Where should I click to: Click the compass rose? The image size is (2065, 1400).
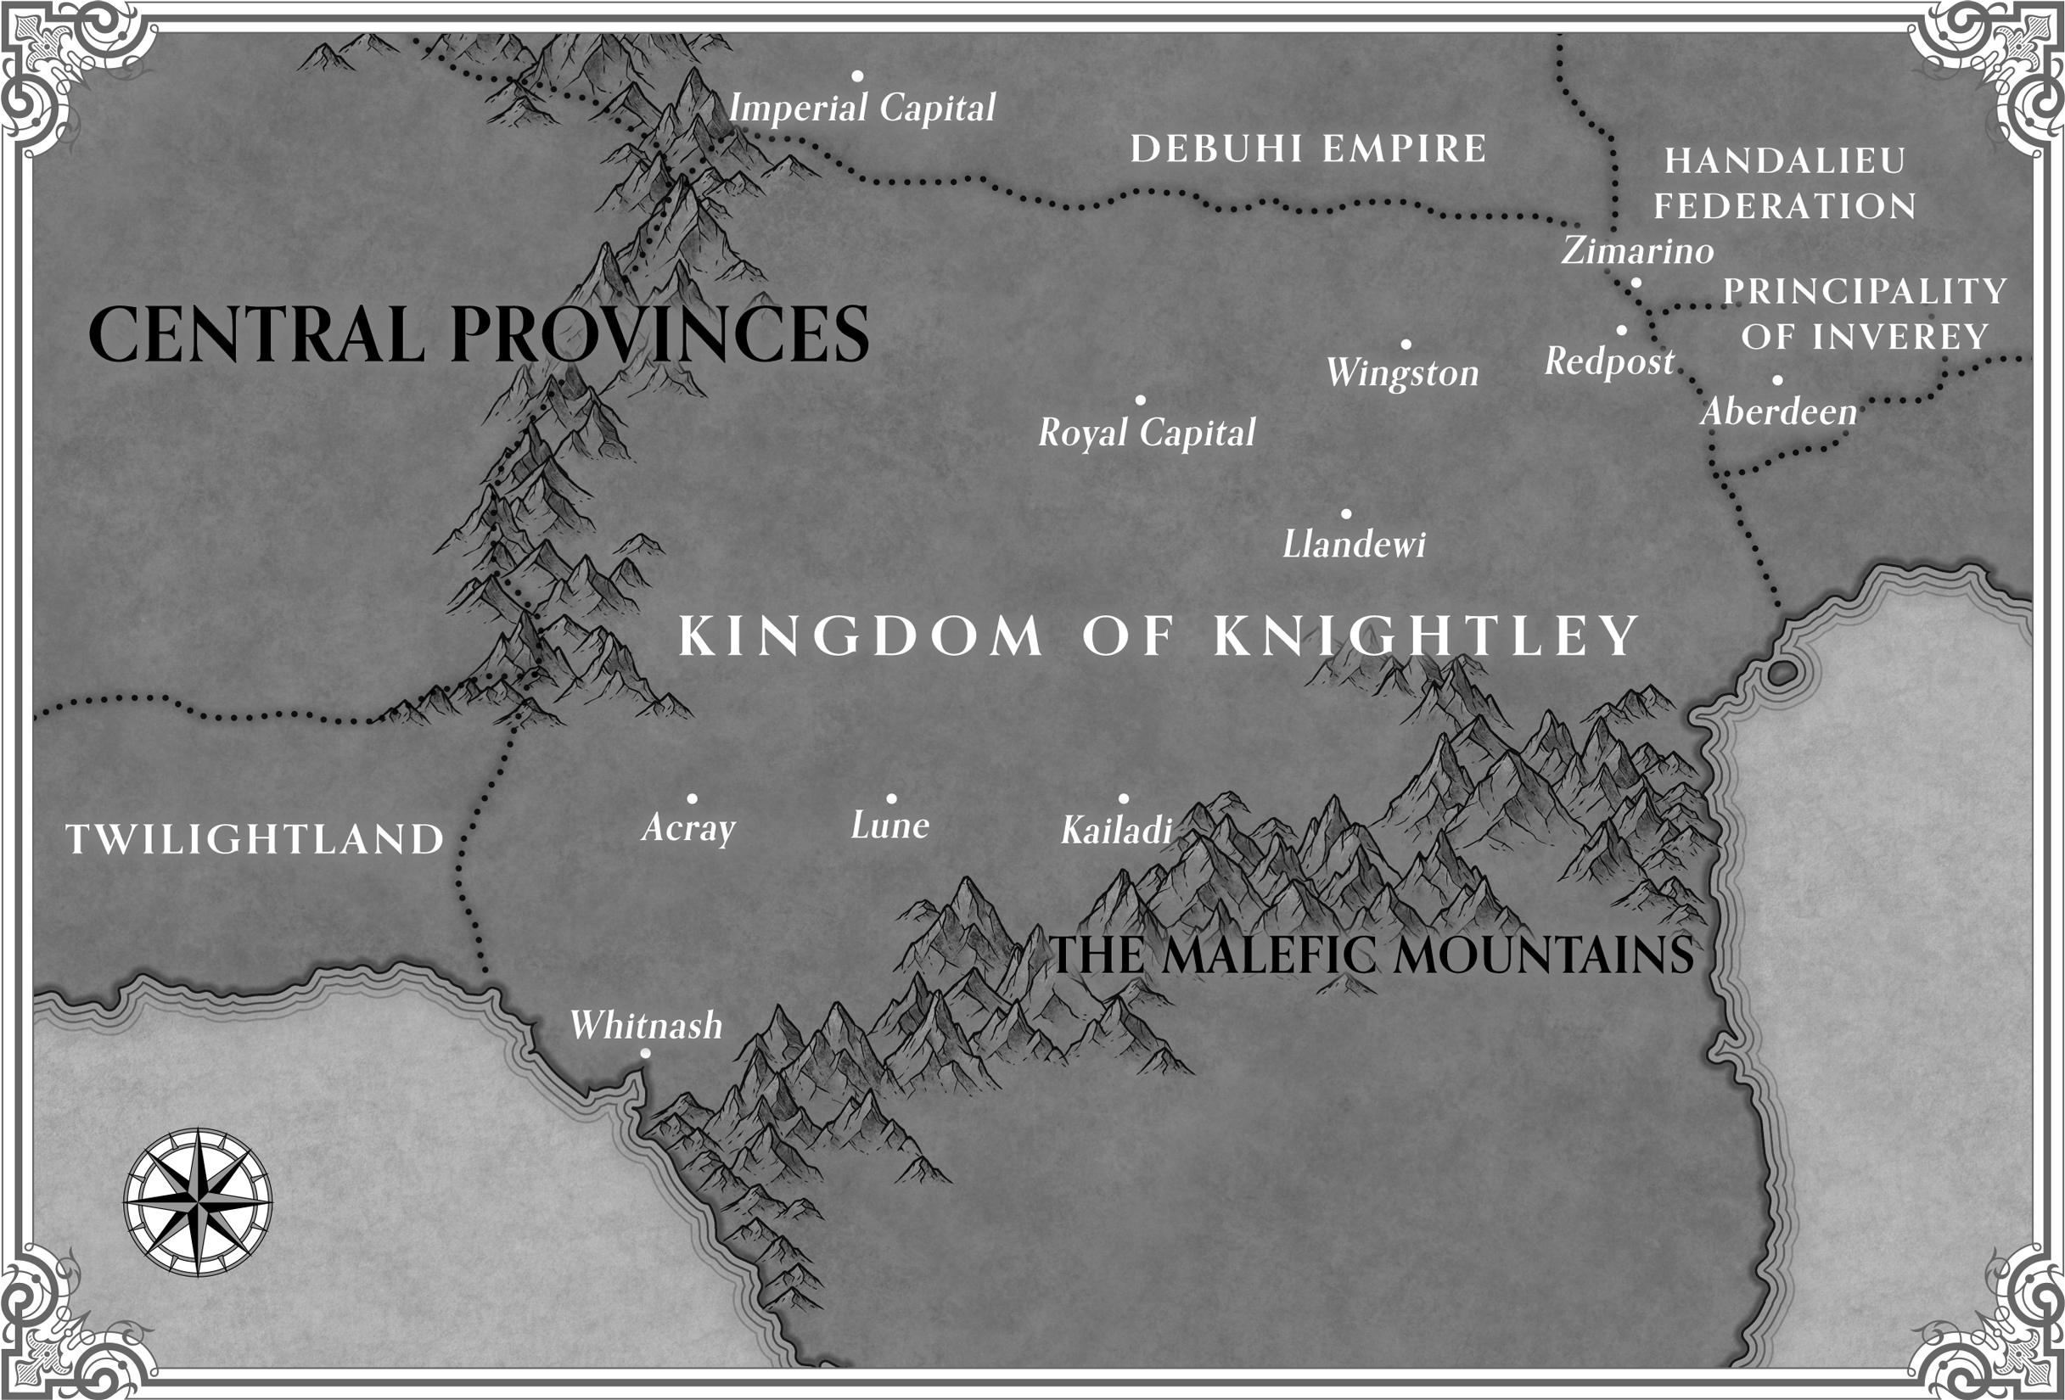tap(197, 1202)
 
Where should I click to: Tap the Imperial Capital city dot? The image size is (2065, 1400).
tap(857, 76)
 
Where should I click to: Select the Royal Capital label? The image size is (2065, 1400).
tap(1148, 433)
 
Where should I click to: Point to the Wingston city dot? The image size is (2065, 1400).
tap(1406, 344)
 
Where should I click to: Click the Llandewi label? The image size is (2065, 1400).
tap(1353, 544)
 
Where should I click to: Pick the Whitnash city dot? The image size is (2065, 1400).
tap(645, 1054)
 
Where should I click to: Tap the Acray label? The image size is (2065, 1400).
tap(688, 827)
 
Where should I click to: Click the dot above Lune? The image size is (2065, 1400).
tap(891, 798)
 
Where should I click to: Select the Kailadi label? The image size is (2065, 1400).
tap(1116, 830)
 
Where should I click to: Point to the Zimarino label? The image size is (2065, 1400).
tap(1637, 250)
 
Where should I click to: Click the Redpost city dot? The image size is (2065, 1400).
tap(1621, 330)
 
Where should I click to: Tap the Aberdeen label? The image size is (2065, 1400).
tap(1779, 412)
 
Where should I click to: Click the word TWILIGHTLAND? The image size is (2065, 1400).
tap(255, 839)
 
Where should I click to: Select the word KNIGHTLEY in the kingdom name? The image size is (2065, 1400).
tap(1425, 636)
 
